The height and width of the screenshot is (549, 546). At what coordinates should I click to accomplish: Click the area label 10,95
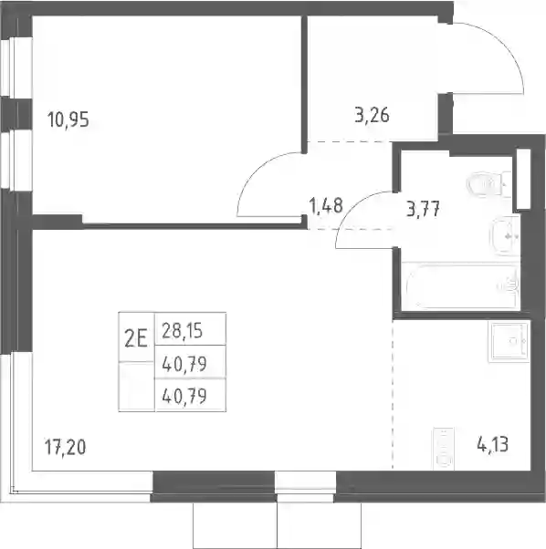click(x=68, y=119)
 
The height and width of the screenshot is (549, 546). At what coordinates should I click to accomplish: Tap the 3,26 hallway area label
click(x=372, y=115)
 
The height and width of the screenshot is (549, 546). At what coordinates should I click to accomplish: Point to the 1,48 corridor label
click(x=326, y=205)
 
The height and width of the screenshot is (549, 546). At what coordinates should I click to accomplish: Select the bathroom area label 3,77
click(x=423, y=209)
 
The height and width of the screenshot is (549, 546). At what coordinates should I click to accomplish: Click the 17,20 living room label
click(x=66, y=447)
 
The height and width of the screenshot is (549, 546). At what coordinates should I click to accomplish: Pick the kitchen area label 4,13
click(x=492, y=445)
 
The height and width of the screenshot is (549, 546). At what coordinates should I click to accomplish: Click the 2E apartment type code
click(x=136, y=339)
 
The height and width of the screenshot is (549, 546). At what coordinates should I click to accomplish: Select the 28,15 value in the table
click(x=183, y=330)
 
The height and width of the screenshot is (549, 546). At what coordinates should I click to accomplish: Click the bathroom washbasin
click(x=505, y=235)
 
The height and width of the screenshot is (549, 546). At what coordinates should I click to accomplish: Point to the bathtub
click(x=460, y=286)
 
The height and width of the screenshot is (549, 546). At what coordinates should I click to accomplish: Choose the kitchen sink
click(x=509, y=342)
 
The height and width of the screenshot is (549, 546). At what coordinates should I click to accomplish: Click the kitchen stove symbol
click(x=444, y=448)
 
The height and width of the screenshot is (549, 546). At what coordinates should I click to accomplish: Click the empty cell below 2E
click(x=136, y=386)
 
